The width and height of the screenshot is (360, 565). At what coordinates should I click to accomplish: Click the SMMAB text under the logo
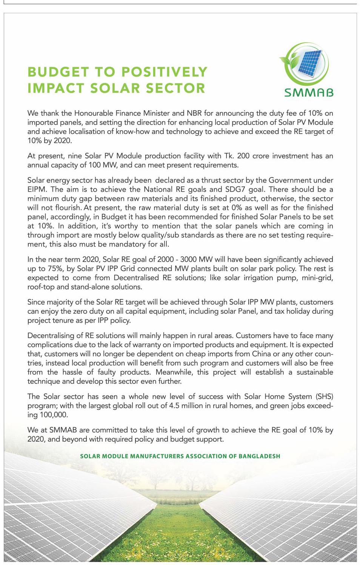pos(309,92)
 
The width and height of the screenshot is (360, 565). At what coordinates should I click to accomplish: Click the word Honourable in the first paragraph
pos(91,113)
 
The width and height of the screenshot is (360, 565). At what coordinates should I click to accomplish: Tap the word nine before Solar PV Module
pos(75,156)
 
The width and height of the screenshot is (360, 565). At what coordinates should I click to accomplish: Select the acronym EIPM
pos(37,189)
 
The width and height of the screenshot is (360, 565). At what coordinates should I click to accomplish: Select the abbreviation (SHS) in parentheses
pos(324,396)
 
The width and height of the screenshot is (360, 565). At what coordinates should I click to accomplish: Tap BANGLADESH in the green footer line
pos(260,456)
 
